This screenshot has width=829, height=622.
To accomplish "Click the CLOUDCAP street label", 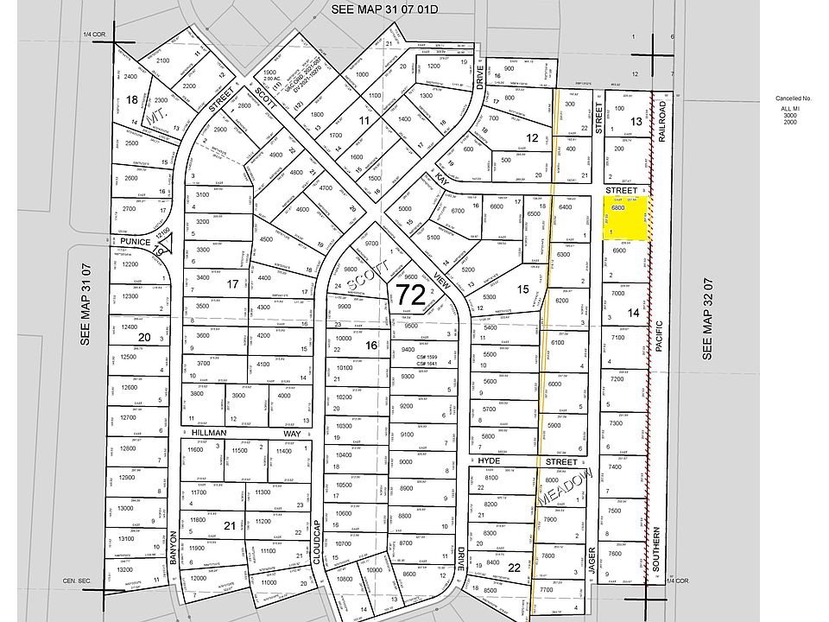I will point(317,548).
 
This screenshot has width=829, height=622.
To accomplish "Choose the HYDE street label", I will point(489,462).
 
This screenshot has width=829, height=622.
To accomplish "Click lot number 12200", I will point(130,263).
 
